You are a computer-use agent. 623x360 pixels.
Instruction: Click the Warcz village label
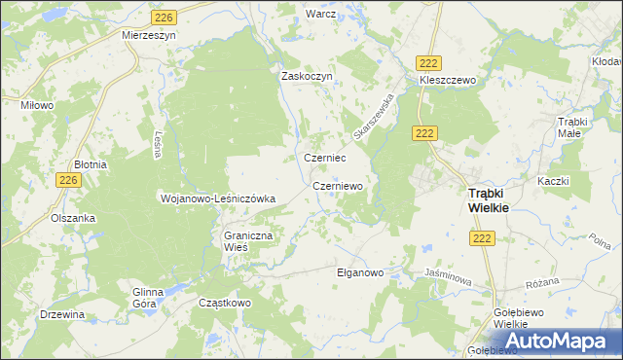pyautogui.click(x=320, y=15)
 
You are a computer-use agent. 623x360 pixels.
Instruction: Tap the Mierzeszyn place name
pyautogui.click(x=148, y=33)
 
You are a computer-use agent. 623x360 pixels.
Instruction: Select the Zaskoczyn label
pyautogui.click(x=308, y=76)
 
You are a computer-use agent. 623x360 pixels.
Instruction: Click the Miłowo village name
pyautogui.click(x=38, y=104)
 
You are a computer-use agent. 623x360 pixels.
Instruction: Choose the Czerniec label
pyautogui.click(x=326, y=158)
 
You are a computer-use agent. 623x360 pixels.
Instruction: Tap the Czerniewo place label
pyautogui.click(x=338, y=185)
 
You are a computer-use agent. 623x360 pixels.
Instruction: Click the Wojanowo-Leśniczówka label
pyautogui.click(x=218, y=198)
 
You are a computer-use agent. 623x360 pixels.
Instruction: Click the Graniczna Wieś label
pyautogui.click(x=249, y=241)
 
